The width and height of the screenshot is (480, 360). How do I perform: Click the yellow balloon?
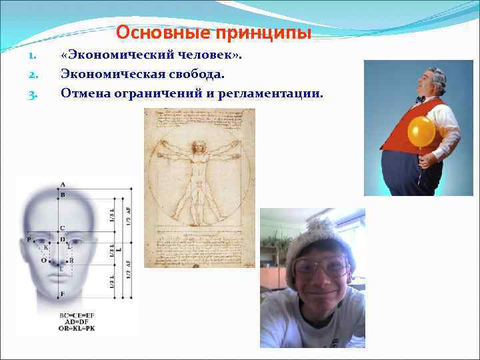click(421, 131)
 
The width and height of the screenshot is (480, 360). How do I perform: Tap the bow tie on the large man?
click(420, 99)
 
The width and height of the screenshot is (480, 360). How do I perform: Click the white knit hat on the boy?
click(318, 239)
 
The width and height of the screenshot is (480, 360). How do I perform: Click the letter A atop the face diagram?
click(62, 184)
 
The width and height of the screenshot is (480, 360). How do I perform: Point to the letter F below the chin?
click(62, 293)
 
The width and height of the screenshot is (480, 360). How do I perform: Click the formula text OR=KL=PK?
click(77, 328)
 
